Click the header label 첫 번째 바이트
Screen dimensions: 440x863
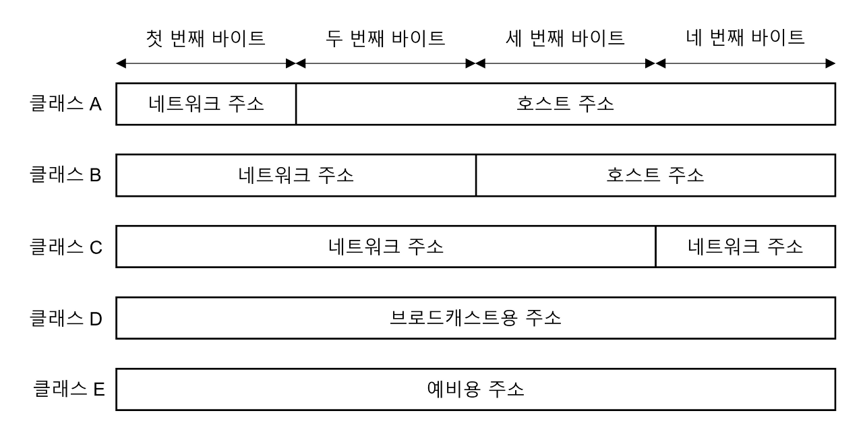[206, 38]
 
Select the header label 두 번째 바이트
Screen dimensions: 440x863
[386, 38]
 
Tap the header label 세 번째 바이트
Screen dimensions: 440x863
[565, 38]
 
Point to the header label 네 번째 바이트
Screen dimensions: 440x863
[745, 38]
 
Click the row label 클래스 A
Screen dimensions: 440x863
[65, 104]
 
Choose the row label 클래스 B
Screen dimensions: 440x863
[65, 176]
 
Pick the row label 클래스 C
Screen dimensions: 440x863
[65, 247]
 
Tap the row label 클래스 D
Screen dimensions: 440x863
[65, 318]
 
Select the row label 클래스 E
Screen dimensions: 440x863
[69, 389]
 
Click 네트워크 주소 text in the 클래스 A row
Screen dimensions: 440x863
[206, 104]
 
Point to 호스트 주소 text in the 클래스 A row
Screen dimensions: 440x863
[565, 104]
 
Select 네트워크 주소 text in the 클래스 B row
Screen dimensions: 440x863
[296, 176]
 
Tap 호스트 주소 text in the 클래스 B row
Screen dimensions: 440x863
[655, 176]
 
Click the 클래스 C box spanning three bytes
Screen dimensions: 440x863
[386, 247]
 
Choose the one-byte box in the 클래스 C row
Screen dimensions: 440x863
[745, 247]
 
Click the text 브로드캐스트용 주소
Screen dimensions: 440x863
[476, 318]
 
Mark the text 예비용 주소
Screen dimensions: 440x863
[476, 389]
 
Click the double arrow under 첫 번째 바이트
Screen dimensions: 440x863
[206, 64]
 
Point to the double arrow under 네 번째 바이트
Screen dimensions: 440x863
[745, 64]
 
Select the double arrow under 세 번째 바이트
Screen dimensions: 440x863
[565, 64]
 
